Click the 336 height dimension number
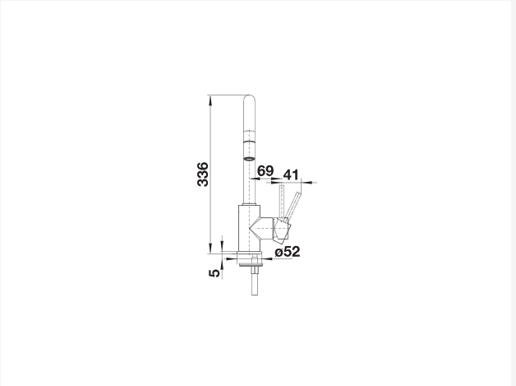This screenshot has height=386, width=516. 203,174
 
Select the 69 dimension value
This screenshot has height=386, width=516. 265,170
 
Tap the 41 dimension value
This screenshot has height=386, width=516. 291,174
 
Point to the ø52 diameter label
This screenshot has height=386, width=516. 288,252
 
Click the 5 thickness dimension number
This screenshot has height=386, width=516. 214,273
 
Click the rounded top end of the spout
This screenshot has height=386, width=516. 249,98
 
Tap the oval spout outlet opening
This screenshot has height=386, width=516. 249,159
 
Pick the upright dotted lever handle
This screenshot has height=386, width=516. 281,202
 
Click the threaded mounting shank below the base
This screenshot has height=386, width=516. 255,280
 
